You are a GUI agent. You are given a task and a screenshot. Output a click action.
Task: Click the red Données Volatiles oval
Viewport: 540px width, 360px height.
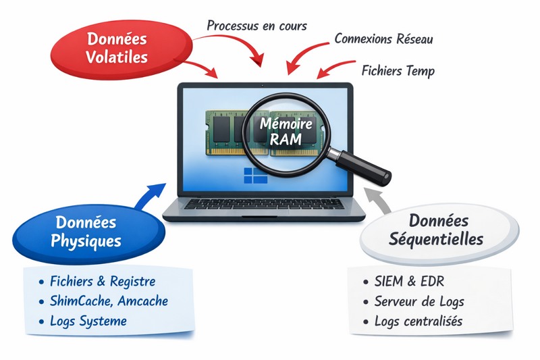(x=117, y=48)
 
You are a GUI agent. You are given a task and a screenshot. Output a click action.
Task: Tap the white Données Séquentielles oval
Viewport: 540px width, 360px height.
(x=437, y=230)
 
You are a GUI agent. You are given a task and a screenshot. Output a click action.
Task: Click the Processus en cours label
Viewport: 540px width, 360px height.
(x=256, y=26)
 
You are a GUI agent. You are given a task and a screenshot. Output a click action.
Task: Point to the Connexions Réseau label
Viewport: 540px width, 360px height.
(x=383, y=38)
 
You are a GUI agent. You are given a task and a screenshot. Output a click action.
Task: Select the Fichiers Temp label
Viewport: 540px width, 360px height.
(x=398, y=70)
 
